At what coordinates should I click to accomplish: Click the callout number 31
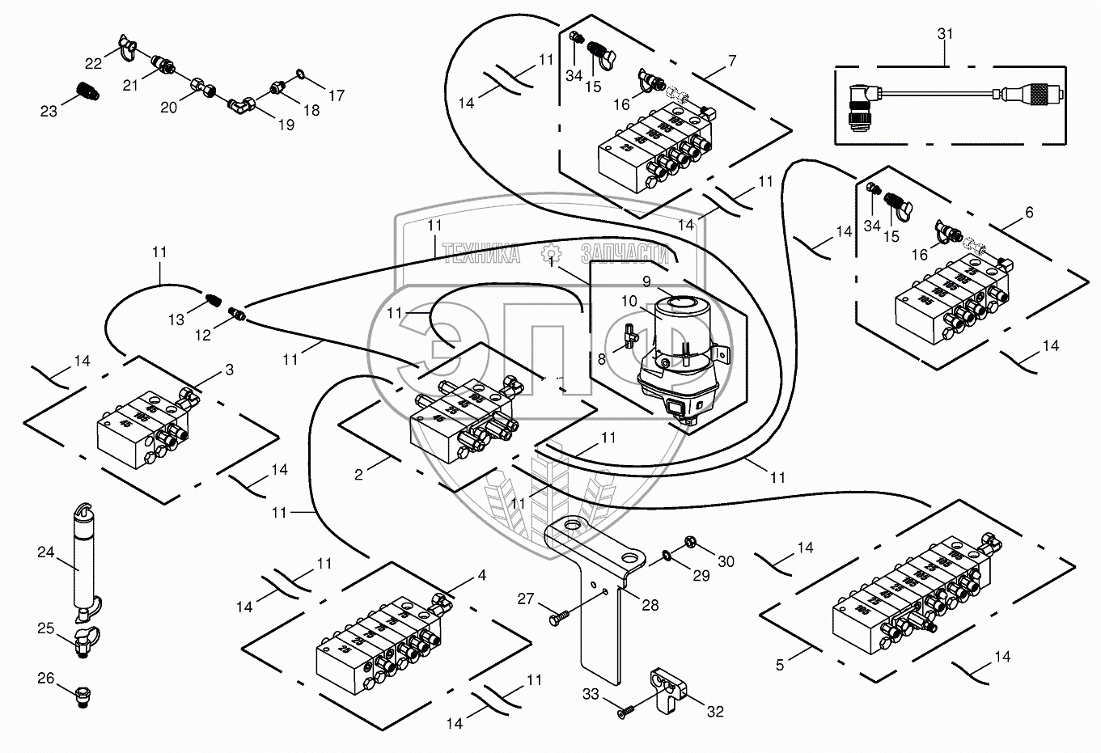pyautogui.click(x=946, y=34)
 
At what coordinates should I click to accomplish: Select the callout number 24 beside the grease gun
pyautogui.click(x=45, y=553)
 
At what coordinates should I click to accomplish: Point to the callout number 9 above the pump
pyautogui.click(x=646, y=281)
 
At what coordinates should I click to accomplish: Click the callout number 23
pyautogui.click(x=49, y=112)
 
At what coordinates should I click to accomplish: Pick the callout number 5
pyautogui.click(x=780, y=666)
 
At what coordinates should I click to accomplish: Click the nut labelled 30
pyautogui.click(x=689, y=540)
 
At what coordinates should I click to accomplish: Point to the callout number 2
pyautogui.click(x=358, y=475)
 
